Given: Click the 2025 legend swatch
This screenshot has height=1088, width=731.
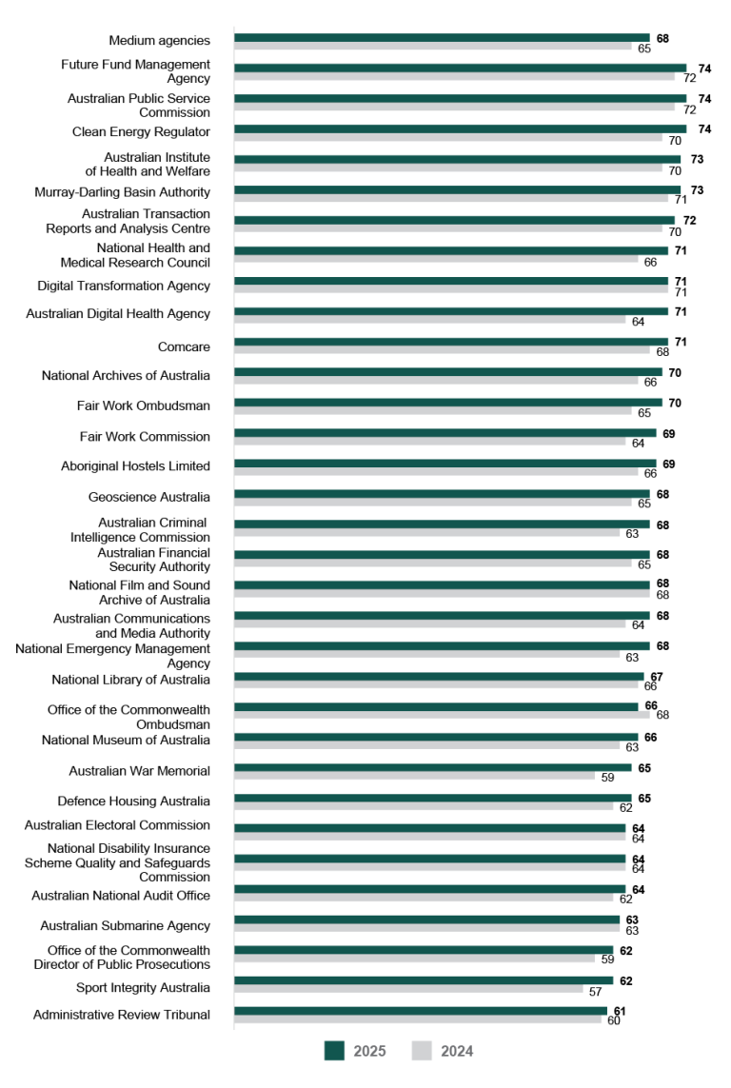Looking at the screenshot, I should click(x=334, y=1050).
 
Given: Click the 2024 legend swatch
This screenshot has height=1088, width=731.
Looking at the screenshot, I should click(x=422, y=1050).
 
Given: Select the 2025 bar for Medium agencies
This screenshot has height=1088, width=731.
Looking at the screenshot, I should click(x=442, y=38).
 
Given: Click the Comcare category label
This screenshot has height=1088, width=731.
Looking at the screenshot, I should click(x=184, y=347).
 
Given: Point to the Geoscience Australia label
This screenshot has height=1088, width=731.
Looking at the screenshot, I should click(x=148, y=497).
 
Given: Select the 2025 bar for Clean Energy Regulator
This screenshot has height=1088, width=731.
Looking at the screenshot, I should click(x=460, y=129).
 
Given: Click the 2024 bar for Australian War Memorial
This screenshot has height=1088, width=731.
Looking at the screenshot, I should click(x=414, y=777).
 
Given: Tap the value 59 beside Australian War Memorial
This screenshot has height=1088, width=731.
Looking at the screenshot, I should click(x=607, y=778).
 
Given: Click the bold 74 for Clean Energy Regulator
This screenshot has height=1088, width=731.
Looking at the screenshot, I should click(x=704, y=129).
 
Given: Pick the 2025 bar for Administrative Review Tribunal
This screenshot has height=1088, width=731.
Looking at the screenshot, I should click(x=420, y=1011).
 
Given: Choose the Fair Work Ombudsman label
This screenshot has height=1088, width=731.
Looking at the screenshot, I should click(x=143, y=406).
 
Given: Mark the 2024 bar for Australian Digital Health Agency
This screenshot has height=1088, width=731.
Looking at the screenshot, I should click(x=432, y=321).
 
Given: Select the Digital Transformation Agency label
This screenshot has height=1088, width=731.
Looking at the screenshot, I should click(x=124, y=286).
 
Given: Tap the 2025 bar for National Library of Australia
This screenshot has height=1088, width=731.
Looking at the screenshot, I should click(x=439, y=677).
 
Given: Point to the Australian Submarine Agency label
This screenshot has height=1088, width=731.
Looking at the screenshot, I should click(x=125, y=925).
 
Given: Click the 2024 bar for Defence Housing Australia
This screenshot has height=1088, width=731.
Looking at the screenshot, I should click(x=424, y=807).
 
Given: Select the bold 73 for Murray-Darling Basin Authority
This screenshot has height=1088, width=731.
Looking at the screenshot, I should click(x=698, y=190).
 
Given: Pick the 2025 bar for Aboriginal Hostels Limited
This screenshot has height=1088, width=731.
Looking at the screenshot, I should click(x=445, y=464).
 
